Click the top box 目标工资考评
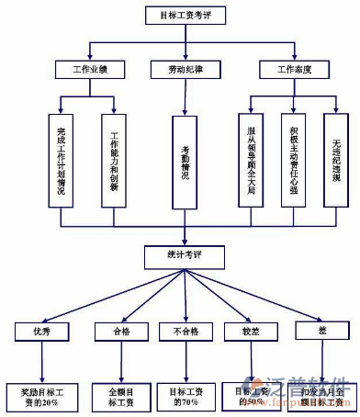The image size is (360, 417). (x=185, y=16)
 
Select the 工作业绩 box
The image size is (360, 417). (x=83, y=70)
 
